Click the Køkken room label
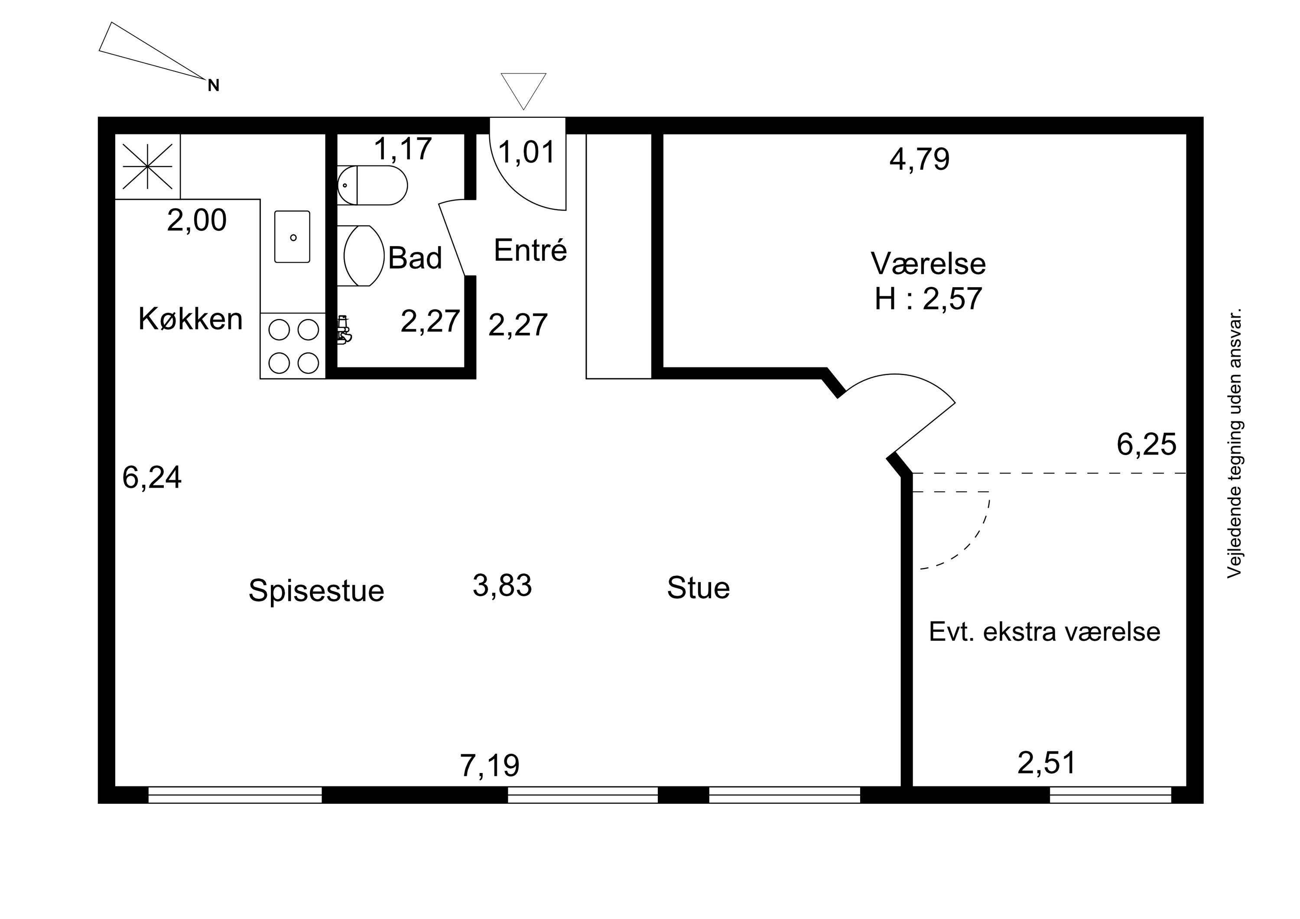pos(190,319)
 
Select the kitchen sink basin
pos(292,237)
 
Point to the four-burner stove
pos(293,345)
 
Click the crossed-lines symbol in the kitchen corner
pos(147,166)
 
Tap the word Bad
pos(415,258)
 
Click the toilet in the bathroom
pos(372,185)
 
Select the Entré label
pos(530,250)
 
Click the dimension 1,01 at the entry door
pos(526,153)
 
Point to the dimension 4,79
pos(919,160)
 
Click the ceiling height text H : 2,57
pos(928,299)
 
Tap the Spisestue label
pos(316,591)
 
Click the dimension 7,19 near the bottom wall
pos(489,766)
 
